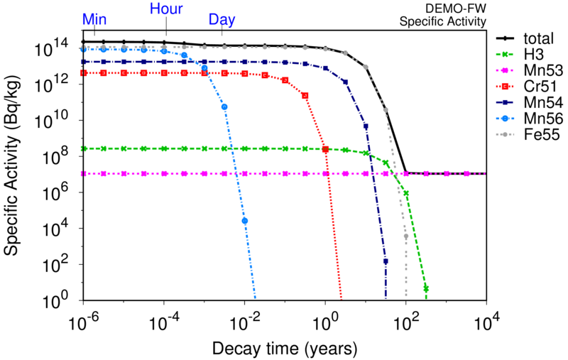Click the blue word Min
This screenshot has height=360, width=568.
94,20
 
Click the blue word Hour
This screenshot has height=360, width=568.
166,9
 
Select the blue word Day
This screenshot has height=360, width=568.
222,20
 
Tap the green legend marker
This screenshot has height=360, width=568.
504,54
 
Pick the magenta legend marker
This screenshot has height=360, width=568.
504,70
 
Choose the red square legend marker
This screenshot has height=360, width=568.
504,86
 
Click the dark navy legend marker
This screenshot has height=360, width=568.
504,102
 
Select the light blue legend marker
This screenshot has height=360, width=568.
504,119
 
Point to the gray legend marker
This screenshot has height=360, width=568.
504,134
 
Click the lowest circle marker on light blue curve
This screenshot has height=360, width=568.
245,221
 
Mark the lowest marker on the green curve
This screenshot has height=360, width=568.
426,288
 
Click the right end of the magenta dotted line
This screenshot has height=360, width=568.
484,173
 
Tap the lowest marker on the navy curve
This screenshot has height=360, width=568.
386,261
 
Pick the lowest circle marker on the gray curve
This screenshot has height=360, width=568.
406,236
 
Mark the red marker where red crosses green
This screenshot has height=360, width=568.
325,150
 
